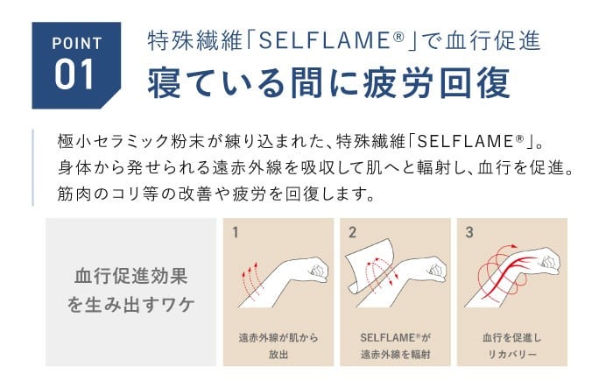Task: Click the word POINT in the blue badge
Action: [77, 44]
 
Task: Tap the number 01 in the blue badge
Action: [74, 74]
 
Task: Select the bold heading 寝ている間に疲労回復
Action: [328, 82]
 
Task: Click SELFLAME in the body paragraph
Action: [466, 142]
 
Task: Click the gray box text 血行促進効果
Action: [131, 276]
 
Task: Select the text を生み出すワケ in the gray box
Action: [131, 304]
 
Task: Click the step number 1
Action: [235, 232]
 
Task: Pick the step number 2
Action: [352, 232]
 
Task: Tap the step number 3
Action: [469, 232]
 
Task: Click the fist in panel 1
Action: [317, 269]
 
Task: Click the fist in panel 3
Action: [548, 261]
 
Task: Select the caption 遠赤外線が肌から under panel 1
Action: [278, 337]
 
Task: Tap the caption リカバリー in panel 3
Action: [512, 355]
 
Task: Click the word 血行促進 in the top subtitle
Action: [493, 40]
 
